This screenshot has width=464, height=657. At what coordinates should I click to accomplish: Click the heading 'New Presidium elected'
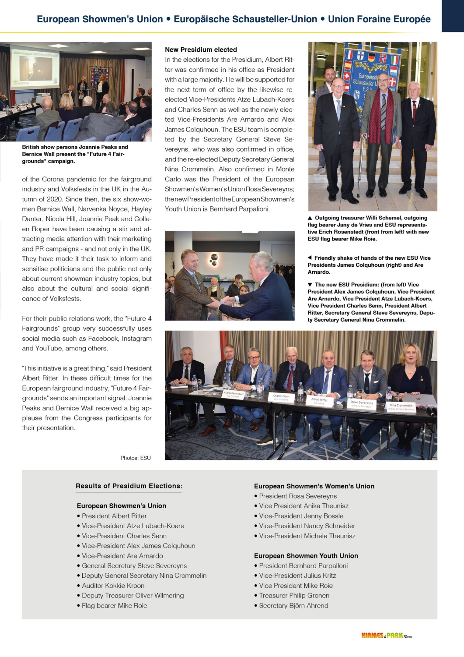pos(201,50)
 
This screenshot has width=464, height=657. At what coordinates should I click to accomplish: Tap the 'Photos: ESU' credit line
pos(136,458)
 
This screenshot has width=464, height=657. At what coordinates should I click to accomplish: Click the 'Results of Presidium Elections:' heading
pos(129,486)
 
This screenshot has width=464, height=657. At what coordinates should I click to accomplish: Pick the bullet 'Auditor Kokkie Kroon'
pos(113,586)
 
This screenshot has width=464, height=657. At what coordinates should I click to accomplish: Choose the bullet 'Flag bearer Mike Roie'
pos(114,606)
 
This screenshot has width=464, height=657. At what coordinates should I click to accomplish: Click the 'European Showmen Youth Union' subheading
pos(306,556)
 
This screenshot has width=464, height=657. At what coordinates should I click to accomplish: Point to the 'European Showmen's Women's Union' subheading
pos(314,486)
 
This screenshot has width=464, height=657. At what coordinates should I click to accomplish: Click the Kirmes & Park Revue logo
pos(387,636)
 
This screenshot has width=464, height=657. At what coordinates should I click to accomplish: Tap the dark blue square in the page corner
pos(453,16)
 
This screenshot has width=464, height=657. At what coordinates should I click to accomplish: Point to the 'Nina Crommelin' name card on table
pos(401,406)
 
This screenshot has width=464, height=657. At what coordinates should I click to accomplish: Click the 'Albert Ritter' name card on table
pos(319,400)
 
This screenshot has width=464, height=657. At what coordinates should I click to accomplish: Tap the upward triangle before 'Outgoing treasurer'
pos(310,218)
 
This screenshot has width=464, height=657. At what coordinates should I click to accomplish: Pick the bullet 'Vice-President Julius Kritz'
pos(297,576)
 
